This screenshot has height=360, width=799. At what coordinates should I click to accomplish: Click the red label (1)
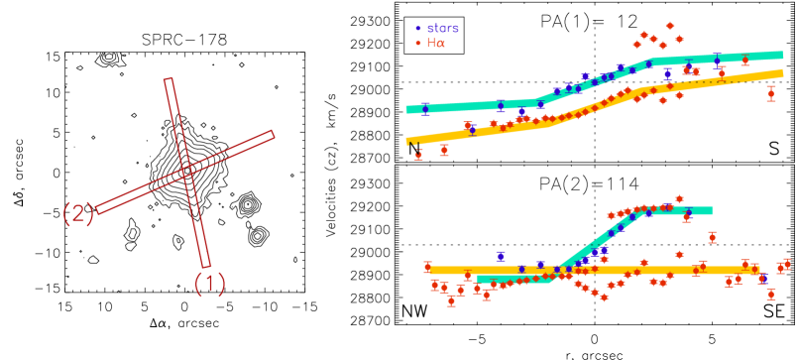(x=209, y=285)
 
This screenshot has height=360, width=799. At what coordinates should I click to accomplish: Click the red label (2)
(x=78, y=213)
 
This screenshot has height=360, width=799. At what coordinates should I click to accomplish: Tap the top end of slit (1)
(x=169, y=79)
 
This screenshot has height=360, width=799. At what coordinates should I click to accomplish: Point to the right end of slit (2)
(x=272, y=134)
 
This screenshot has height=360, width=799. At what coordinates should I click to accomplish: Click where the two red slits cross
(x=186, y=172)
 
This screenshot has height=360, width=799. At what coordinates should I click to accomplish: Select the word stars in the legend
(x=442, y=29)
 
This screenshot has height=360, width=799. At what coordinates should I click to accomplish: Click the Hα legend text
(x=435, y=44)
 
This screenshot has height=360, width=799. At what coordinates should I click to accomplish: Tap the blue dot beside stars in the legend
(x=418, y=29)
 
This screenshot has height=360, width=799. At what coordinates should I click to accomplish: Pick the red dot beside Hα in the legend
(x=418, y=44)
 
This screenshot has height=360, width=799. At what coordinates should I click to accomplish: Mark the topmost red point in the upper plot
(x=670, y=26)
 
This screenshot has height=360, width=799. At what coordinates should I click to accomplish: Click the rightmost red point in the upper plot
(x=771, y=93)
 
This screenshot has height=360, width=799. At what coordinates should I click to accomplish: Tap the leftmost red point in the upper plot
(x=418, y=154)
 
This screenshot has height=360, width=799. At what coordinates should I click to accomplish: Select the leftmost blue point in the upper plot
(x=424, y=109)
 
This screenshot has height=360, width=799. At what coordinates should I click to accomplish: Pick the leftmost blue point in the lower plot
(x=501, y=256)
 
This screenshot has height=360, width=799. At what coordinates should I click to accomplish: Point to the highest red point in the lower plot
(x=679, y=198)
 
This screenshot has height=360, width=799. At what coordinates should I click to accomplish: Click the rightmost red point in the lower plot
(x=787, y=264)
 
